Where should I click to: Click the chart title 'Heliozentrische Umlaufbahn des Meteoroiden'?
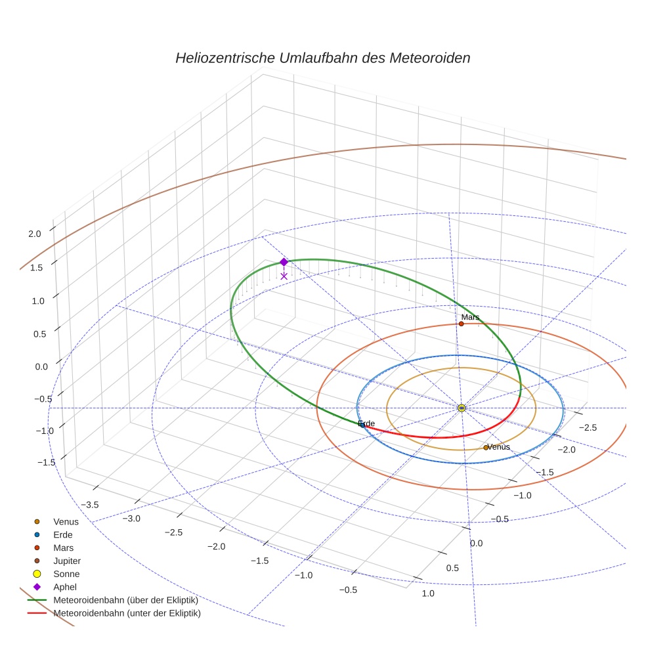[322, 58]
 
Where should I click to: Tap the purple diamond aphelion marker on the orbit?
[284, 262]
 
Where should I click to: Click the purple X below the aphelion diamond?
[284, 276]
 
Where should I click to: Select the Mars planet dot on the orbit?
[462, 324]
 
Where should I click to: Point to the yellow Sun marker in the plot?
[462, 408]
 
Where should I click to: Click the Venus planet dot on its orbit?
[486, 448]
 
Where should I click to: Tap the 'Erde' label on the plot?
[366, 423]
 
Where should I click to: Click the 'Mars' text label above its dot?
[470, 317]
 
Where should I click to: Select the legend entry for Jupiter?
[66, 561]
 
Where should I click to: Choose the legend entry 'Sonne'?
[66, 574]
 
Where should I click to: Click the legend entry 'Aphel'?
[65, 587]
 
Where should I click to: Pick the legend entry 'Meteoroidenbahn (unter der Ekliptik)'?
[127, 613]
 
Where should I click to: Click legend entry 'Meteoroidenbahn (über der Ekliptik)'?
[125, 600]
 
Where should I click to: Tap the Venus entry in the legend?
[66, 521]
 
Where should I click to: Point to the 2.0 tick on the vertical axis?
[35, 233]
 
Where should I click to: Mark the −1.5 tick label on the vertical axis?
[46, 462]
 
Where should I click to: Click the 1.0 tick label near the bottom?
[427, 593]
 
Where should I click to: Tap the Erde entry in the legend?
[62, 534]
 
